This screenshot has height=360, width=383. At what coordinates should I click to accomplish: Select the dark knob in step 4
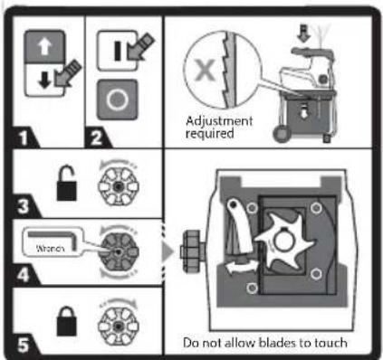click(118, 248)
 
